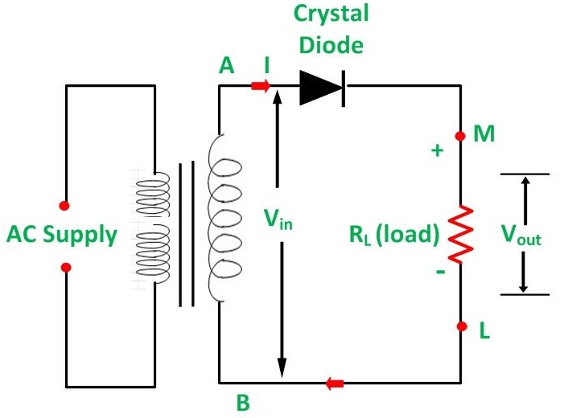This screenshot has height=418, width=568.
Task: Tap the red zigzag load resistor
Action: [460, 234]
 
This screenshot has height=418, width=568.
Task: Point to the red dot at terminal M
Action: [460, 136]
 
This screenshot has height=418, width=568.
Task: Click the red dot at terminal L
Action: [460, 326]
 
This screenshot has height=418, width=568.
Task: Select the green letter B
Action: [243, 403]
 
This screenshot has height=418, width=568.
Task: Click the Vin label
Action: [280, 218]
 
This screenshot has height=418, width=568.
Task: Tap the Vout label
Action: [521, 235]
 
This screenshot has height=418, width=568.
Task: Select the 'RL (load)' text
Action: [393, 236]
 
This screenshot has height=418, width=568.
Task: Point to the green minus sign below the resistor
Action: [439, 272]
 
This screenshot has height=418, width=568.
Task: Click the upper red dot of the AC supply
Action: [64, 205]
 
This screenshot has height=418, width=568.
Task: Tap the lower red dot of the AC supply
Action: [65, 267]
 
